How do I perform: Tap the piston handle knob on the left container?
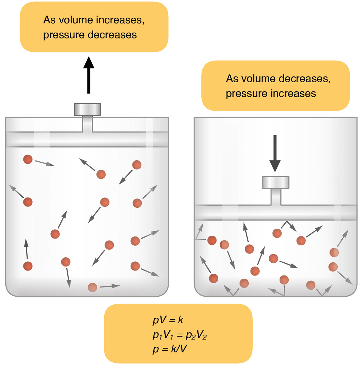(x=87, y=109)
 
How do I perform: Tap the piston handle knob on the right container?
(x=276, y=182)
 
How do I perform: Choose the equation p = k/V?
(x=170, y=349)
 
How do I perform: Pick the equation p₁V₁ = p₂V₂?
(x=179, y=335)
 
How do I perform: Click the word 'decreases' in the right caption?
(x=304, y=79)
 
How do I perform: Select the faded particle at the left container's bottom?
(x=92, y=287)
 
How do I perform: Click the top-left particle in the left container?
(x=28, y=160)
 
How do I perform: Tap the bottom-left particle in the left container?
(x=28, y=266)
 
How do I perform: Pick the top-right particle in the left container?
(x=137, y=165)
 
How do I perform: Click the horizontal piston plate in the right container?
(x=276, y=212)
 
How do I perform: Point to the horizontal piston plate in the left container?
(x=87, y=139)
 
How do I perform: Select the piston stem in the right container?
(x=276, y=196)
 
